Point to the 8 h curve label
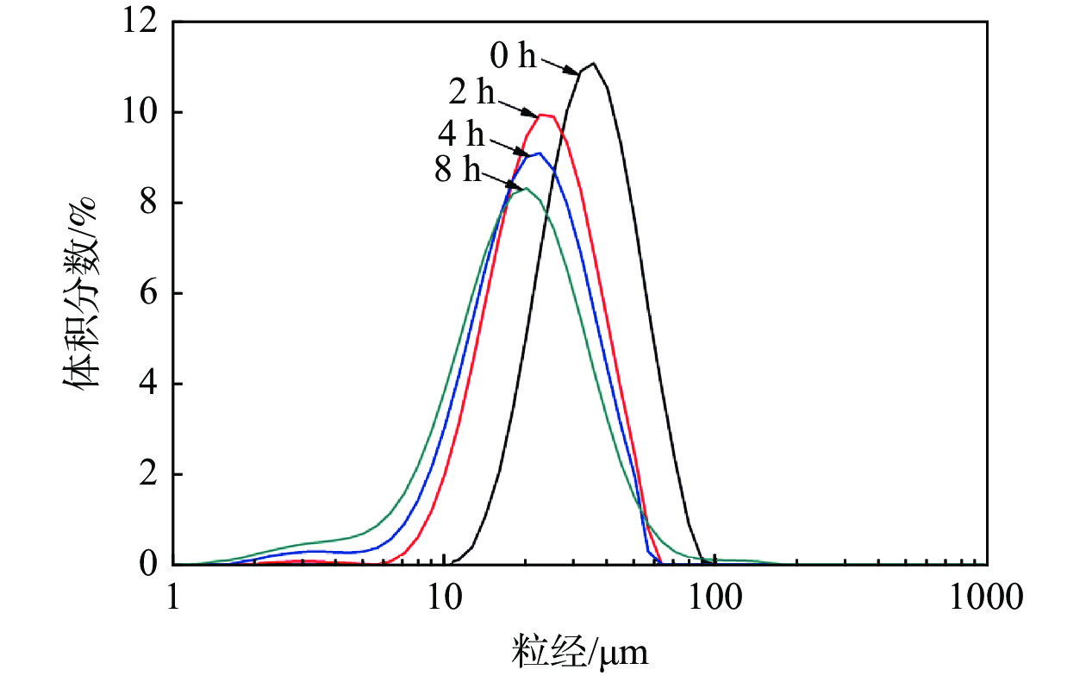click(458, 170)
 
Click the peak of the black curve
click(593, 63)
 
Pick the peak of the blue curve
click(539, 153)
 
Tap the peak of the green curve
click(525, 188)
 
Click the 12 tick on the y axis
click(141, 23)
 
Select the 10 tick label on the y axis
click(141, 113)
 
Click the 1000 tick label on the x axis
click(987, 595)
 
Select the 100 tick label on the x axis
click(715, 595)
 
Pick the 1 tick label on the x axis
click(173, 595)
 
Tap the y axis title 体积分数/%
click(78, 293)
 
